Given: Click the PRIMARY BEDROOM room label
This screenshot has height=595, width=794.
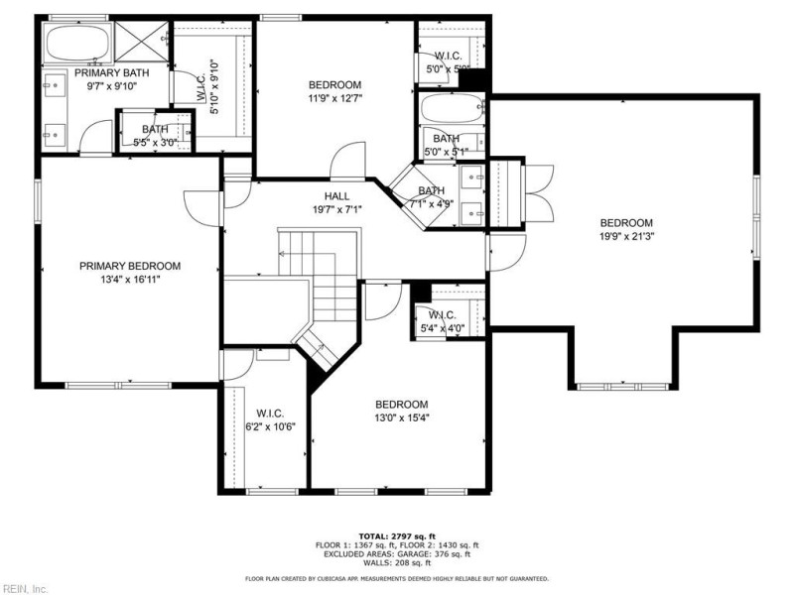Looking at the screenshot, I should (x=130, y=266).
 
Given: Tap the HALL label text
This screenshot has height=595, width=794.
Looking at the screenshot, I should (x=336, y=195).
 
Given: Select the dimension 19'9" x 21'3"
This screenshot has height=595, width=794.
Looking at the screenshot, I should (x=626, y=236).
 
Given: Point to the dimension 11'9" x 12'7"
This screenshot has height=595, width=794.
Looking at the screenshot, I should (x=334, y=98).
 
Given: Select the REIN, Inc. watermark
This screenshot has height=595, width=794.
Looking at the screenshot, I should (x=25, y=588).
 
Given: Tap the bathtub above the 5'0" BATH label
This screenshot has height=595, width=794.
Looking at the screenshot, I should (x=451, y=107).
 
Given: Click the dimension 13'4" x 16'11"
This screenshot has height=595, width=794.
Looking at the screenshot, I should (x=130, y=280).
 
